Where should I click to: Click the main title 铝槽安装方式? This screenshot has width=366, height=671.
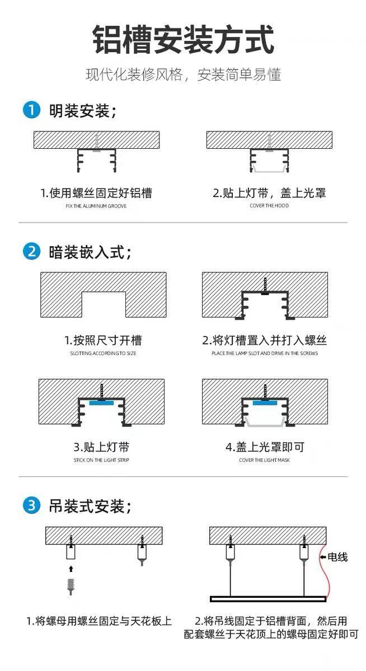tap(183, 39)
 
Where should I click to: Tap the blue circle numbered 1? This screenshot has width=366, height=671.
tap(31, 110)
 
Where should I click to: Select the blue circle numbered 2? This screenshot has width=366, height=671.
tap(31, 251)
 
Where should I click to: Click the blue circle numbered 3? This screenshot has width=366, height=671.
tap(31, 505)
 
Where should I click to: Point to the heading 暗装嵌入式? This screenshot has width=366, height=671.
tap(90, 252)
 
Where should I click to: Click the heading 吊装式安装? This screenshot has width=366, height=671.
tap(90, 506)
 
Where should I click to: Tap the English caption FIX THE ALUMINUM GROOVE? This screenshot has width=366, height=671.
tap(96, 206)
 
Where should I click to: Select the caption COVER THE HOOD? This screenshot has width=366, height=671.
tap(269, 206)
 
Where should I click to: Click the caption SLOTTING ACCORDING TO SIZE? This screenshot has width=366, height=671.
tap(103, 353)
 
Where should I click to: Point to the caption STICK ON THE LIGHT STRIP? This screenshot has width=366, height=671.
tap(101, 460)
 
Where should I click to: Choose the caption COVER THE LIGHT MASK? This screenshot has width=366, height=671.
tap(264, 460)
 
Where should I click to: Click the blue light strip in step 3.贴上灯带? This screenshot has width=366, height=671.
tap(101, 403)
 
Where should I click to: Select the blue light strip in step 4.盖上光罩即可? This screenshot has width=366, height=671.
tap(265, 403)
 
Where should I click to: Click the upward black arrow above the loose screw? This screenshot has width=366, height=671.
tap(71, 569)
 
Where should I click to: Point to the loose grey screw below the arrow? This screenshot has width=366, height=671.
tap(71, 586)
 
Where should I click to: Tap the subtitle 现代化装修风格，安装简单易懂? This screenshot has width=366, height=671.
tap(183, 74)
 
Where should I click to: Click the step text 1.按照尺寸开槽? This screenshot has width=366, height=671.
tap(103, 341)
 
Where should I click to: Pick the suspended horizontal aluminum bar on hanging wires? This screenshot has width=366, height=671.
tap(268, 599)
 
